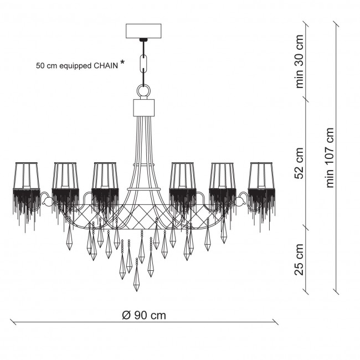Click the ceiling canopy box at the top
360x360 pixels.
click(x=143, y=31)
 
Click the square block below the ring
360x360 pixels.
click(x=144, y=107)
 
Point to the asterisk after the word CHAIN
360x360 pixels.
click(x=123, y=62)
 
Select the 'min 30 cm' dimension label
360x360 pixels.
click(x=300, y=62)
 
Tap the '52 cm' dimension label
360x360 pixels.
click(x=300, y=163)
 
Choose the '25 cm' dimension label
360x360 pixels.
click(x=300, y=260)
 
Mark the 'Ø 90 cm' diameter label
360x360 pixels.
click(x=144, y=315)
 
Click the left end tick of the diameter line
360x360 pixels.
click(x=13, y=322)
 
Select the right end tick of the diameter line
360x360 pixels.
click(x=275, y=322)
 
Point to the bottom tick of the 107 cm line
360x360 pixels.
click(x=336, y=291)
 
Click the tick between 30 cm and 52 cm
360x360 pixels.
click(x=306, y=98)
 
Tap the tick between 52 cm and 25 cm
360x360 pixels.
click(x=306, y=227)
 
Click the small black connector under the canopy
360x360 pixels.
click(x=143, y=40)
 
